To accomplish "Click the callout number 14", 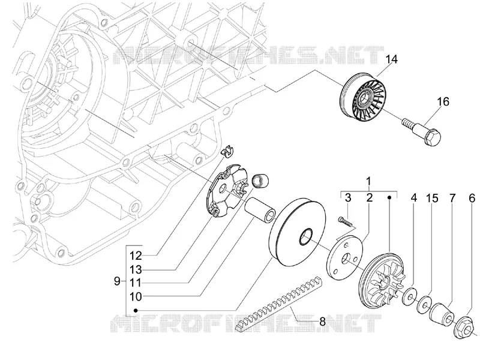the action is (391, 59).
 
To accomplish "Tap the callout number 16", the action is (443, 101).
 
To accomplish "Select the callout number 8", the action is (322, 322).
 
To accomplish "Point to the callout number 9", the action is (117, 281).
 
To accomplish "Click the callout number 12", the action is (136, 256).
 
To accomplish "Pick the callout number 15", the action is (432, 198).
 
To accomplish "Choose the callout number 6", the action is (472, 198).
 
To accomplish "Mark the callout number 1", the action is (369, 181).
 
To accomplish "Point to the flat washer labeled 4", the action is (409, 296).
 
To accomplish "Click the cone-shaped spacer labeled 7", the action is (443, 317).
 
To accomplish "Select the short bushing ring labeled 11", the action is (260, 181).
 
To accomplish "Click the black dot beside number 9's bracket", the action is (136, 310).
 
